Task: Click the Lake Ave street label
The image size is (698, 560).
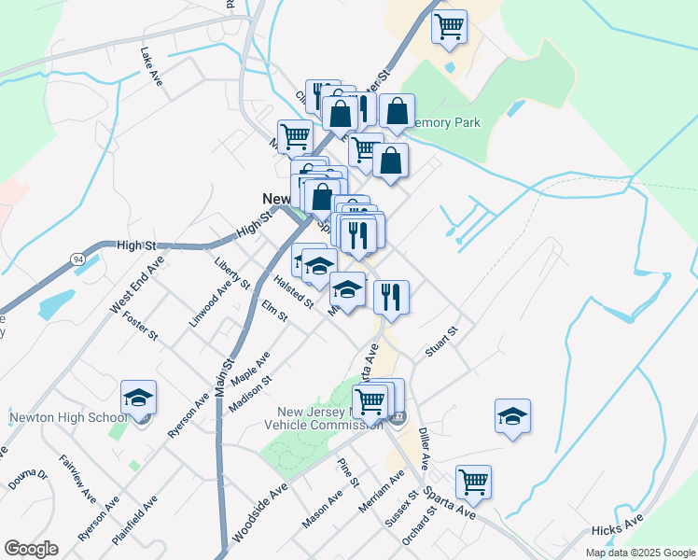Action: tap(151, 67)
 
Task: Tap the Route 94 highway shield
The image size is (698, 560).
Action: tap(77, 257)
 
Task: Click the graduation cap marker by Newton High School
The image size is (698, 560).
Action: tap(138, 399)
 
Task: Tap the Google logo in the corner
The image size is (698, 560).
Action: tap(31, 549)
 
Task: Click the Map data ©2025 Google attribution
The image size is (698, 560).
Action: tap(639, 553)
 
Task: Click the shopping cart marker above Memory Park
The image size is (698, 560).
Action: tap(449, 27)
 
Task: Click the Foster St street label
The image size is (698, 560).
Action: tap(141, 326)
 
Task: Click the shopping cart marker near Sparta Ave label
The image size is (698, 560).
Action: tap(473, 483)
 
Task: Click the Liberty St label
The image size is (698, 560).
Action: tap(232, 273)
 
